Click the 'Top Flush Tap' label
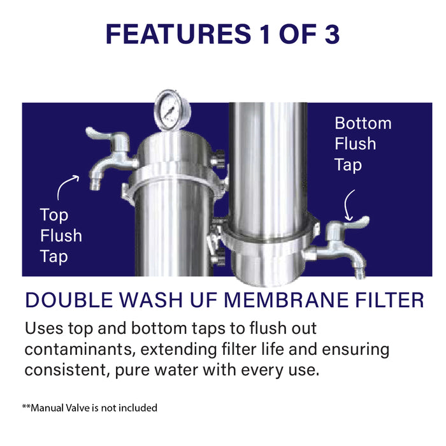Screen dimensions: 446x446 (x=61, y=236)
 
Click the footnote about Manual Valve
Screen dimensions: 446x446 (x=89, y=407)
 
